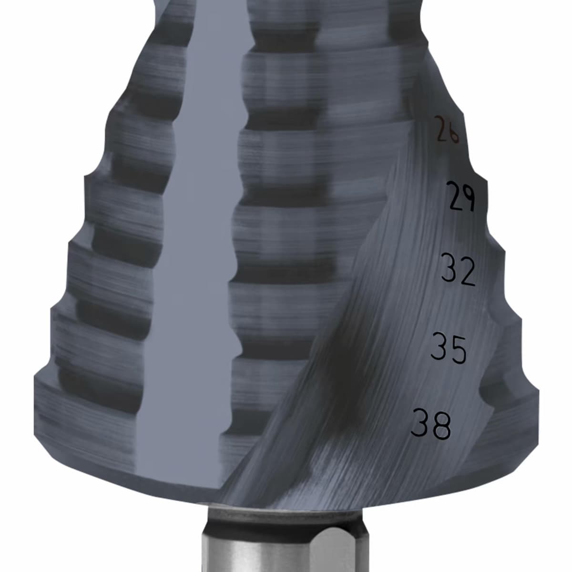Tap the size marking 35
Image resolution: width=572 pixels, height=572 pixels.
448,348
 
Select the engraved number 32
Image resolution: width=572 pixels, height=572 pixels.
458,270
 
